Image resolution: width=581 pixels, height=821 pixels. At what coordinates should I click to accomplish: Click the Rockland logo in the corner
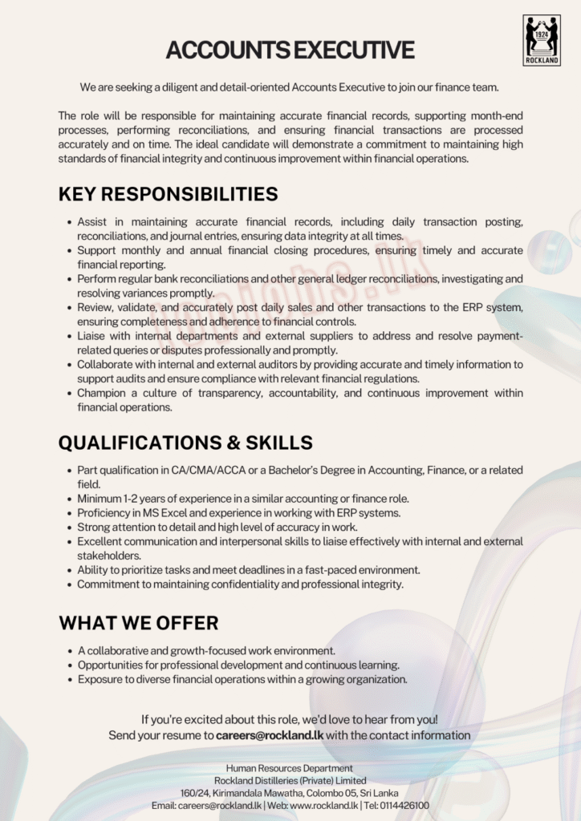(x=542, y=39)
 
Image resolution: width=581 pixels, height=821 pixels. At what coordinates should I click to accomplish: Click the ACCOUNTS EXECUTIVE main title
(x=290, y=51)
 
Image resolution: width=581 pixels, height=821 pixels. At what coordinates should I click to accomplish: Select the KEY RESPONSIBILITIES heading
(x=168, y=194)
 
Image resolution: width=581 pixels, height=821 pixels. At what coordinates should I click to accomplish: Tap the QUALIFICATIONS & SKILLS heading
(x=185, y=443)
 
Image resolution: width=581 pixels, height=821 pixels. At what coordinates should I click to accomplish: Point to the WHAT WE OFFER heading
(x=138, y=623)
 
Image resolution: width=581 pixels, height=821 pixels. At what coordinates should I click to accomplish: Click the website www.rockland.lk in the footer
(x=323, y=805)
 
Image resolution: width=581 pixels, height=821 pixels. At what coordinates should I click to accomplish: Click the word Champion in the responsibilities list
(x=101, y=393)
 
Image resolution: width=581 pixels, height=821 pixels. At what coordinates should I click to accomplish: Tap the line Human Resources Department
(x=290, y=768)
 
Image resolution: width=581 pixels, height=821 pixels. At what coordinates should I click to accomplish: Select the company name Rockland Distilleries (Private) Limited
(x=290, y=780)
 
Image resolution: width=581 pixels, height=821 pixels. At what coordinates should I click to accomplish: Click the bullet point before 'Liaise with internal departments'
(x=69, y=337)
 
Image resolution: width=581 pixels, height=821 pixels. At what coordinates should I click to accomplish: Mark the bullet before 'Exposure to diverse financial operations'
(x=69, y=680)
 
